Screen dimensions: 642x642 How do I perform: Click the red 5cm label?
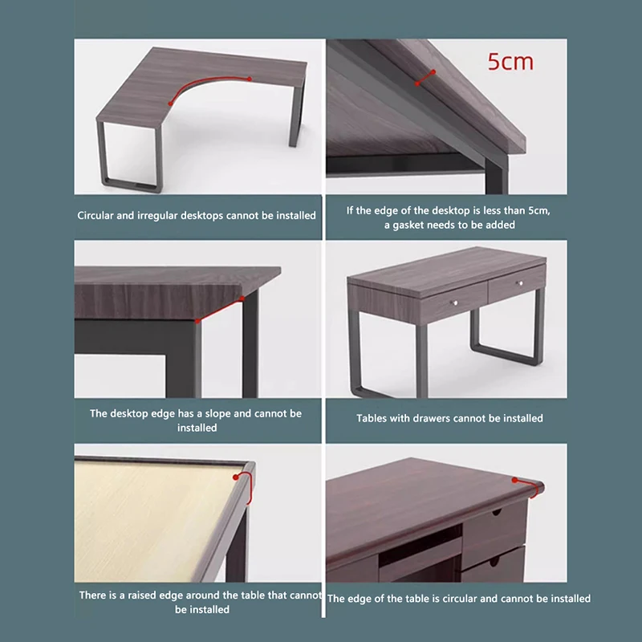(x=510, y=63)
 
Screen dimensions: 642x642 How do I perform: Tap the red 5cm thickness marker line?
(x=425, y=78)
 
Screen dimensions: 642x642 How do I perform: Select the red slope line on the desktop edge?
(x=220, y=310)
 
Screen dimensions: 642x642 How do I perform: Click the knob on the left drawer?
(x=454, y=303)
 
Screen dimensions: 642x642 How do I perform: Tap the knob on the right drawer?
(x=520, y=283)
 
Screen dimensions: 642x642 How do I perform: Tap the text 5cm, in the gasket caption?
(x=539, y=211)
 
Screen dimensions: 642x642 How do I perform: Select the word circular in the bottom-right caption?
(x=458, y=599)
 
